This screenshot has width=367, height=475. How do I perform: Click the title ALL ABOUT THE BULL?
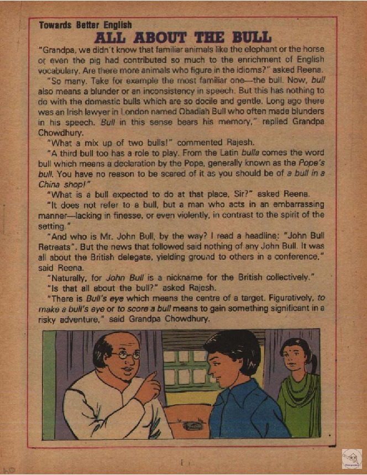tap(183, 37)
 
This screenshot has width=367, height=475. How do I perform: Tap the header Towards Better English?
tap(85, 24)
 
